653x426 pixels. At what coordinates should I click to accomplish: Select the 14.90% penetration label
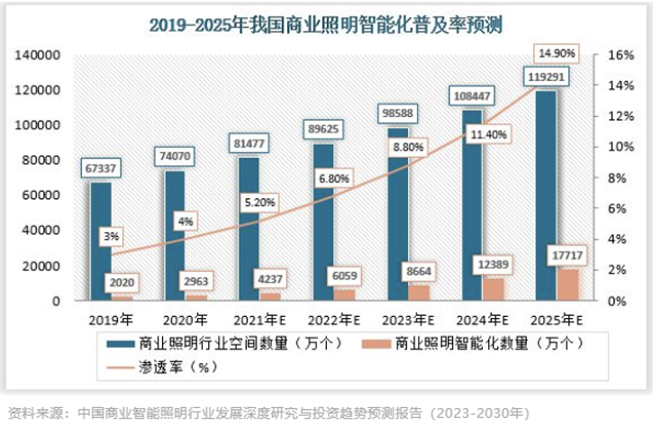pyautogui.click(x=557, y=52)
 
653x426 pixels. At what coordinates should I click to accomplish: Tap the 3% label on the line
pyautogui.click(x=111, y=237)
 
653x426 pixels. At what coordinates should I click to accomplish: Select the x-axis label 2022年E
pyautogui.click(x=333, y=319)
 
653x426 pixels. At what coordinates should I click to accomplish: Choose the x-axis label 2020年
pyautogui.click(x=186, y=319)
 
